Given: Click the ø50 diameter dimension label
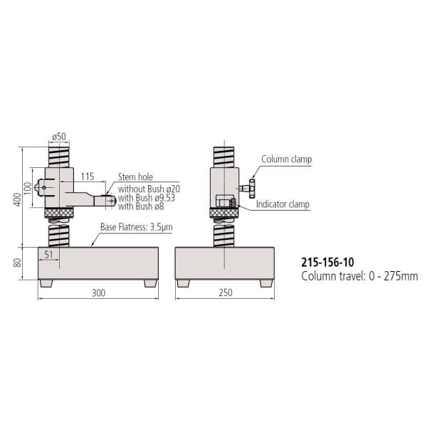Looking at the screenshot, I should tap(59, 136).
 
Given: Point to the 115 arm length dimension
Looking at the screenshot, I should tap(88, 176).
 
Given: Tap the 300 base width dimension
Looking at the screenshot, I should tap(98, 292).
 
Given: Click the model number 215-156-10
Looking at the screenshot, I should tap(330, 263).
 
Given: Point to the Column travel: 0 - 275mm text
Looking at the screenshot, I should tap(359, 275).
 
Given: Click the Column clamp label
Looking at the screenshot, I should tap(286, 160).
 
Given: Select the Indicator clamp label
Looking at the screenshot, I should tap(283, 204).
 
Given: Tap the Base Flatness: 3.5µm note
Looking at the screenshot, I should tap(136, 227).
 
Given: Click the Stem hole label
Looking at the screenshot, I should tap(135, 177).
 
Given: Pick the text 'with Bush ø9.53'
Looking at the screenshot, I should tap(145, 197).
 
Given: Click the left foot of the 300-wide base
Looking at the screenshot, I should tap(46, 283).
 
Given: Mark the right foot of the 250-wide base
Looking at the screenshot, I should tap(265, 283).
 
